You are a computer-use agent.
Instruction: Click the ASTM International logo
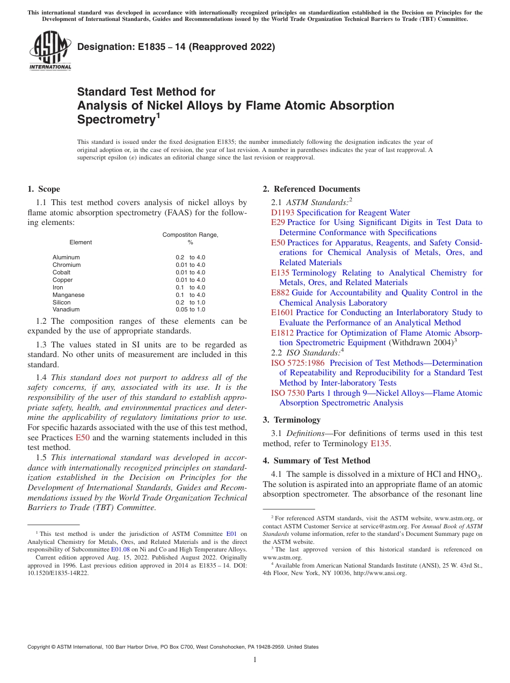50,50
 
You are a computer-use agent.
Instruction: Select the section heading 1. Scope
43,189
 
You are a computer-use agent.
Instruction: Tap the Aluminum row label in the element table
66,257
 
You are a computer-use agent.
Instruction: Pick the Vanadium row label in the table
66,309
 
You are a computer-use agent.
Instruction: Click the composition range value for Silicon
190,302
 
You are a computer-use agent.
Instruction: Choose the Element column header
81,242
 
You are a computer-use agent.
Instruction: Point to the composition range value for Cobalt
190,272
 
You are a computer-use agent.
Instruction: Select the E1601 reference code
282,313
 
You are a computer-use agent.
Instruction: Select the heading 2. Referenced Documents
311,189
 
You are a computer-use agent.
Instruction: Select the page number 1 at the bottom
255,660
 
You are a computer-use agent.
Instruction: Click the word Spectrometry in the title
116,119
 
